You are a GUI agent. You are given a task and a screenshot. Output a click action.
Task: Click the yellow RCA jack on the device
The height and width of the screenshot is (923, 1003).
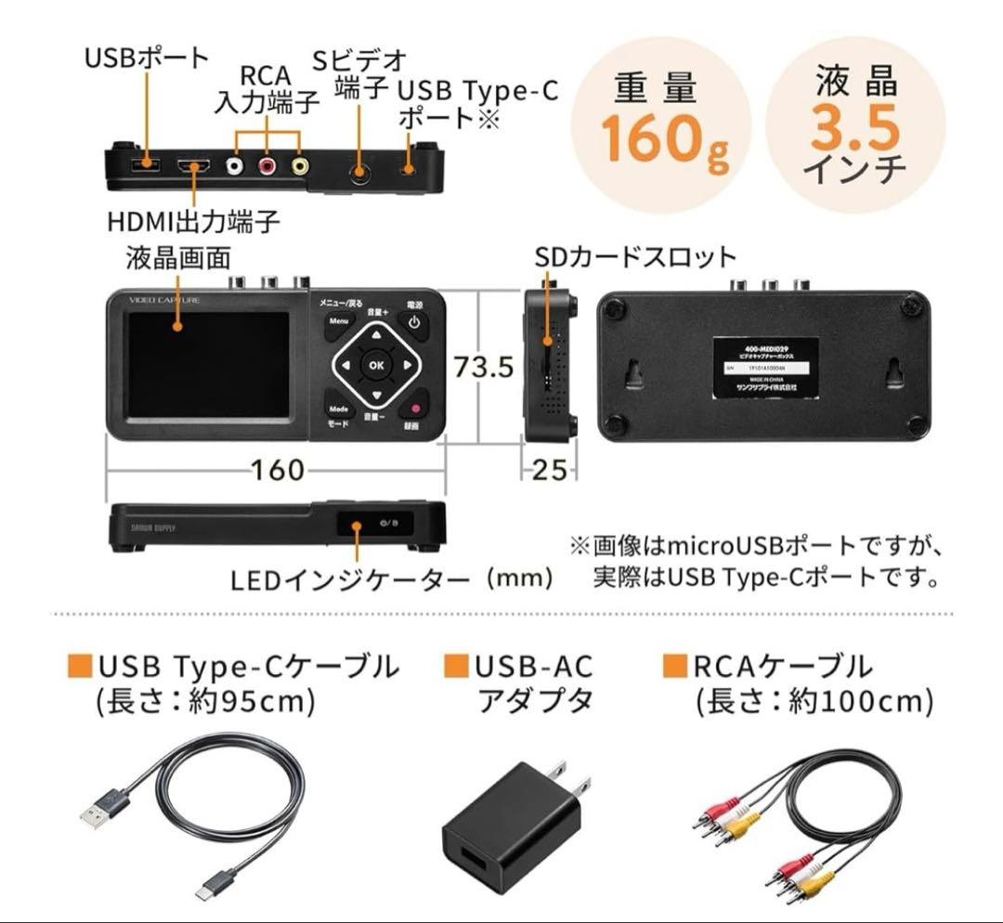pos(300,168)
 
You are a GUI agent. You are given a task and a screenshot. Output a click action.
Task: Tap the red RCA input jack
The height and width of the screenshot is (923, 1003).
pos(268,168)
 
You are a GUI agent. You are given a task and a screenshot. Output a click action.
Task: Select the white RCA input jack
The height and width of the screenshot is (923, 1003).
pos(238,168)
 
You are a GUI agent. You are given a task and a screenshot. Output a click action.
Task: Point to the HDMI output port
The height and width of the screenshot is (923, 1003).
pos(195,168)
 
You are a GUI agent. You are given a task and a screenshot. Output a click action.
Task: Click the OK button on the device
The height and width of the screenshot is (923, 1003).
pos(375,365)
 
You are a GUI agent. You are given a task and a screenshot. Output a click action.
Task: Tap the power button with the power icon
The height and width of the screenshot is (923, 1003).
pos(414,325)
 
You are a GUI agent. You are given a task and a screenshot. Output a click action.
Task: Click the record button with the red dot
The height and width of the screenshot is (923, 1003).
pos(414,408)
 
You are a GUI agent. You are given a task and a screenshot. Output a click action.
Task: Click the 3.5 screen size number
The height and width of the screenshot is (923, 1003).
pos(854,129)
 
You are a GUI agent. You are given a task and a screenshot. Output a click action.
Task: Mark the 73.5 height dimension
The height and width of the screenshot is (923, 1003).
pos(482,367)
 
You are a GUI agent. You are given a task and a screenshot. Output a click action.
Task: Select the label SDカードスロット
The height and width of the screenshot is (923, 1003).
pos(635,257)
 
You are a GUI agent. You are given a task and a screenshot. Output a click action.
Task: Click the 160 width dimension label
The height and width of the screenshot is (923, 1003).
pos(278,470)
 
